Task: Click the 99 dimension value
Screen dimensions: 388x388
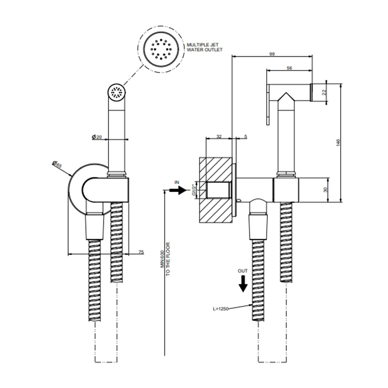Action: click(272, 53)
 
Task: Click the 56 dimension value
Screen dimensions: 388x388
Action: click(289, 68)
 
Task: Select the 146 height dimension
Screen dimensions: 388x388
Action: click(338, 142)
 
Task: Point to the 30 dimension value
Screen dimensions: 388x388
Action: click(326, 190)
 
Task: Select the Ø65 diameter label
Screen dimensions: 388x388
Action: click(57, 165)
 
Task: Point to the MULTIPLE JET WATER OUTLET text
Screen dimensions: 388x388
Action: click(203, 47)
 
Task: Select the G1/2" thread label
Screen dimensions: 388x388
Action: click(194, 190)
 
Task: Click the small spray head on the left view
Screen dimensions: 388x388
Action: click(118, 93)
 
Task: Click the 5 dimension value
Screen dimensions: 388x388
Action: click(245, 136)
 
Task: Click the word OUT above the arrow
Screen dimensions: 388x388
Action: click(243, 270)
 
